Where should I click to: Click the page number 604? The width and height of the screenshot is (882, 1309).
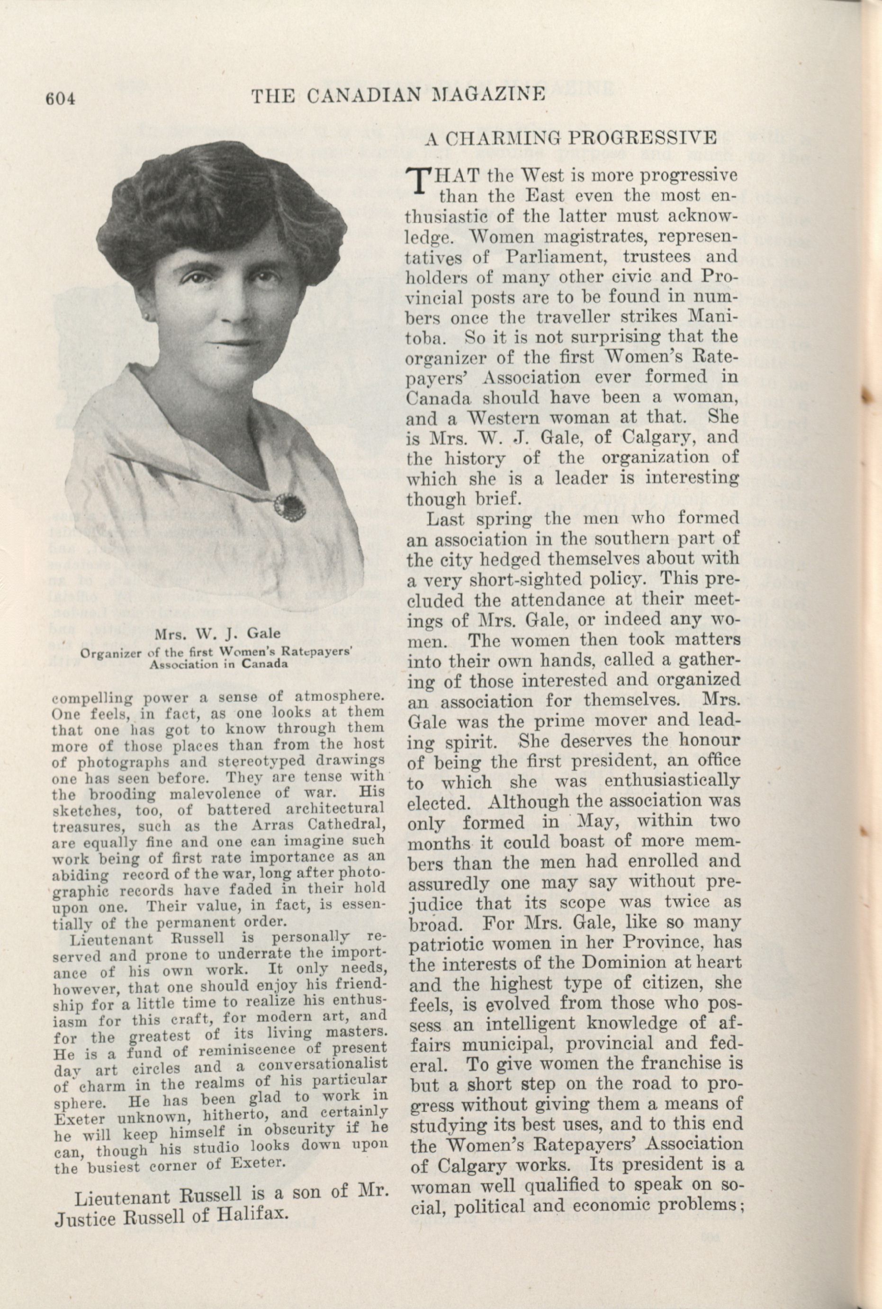click(60, 98)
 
